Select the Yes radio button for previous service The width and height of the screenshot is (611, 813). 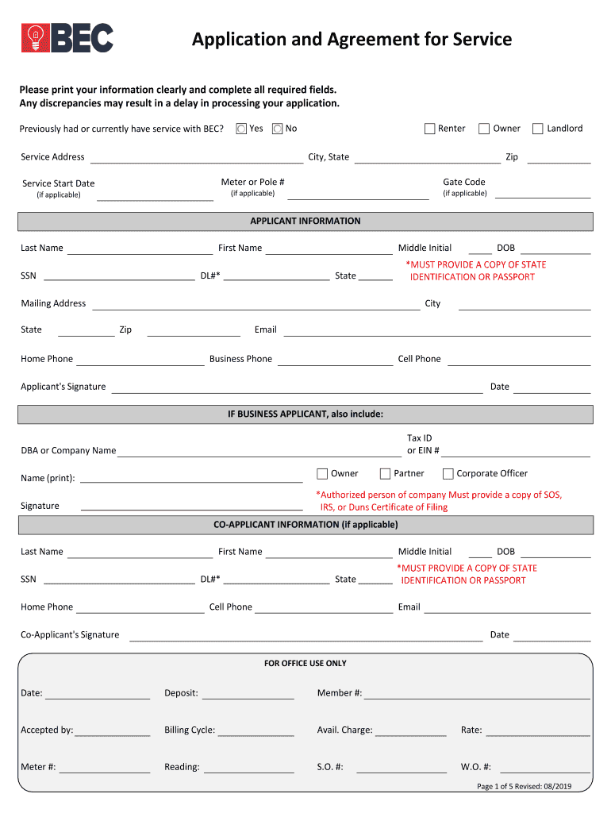[x=241, y=129]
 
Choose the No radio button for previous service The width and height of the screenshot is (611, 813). [x=277, y=129]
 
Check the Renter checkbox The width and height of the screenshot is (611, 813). [x=430, y=129]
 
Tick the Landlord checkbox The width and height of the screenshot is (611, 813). [x=538, y=129]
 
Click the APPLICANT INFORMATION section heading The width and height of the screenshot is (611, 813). [x=305, y=222]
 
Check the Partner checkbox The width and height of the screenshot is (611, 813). [x=386, y=474]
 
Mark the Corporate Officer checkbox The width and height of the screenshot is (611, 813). [x=448, y=474]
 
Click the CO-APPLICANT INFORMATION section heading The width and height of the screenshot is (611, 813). [x=305, y=525]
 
